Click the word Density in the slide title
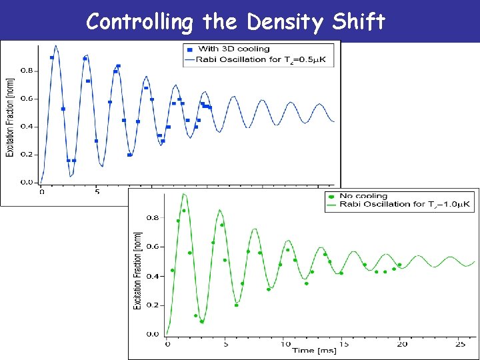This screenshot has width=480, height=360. (289, 22)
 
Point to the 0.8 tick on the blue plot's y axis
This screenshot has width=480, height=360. (27, 70)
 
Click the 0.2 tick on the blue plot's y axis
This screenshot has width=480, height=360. (27, 154)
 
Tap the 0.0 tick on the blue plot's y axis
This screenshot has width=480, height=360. (27, 182)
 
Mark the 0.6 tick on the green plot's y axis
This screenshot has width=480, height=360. (153, 247)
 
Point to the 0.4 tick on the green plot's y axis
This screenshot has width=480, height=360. (153, 276)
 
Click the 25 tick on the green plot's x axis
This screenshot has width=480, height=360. (459, 344)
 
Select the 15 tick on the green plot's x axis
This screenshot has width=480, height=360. (343, 344)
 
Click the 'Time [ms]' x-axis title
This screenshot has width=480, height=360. (312, 351)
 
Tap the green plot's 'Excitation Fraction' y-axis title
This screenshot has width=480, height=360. (138, 270)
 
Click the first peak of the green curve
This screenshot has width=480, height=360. (184, 195)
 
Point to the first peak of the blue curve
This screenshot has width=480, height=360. (56, 46)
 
